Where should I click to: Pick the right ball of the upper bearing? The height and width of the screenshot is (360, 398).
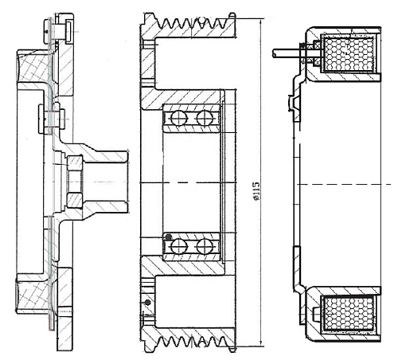206,119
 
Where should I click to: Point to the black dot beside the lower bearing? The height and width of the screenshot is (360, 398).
167,236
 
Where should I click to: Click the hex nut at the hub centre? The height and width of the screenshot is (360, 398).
72,180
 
